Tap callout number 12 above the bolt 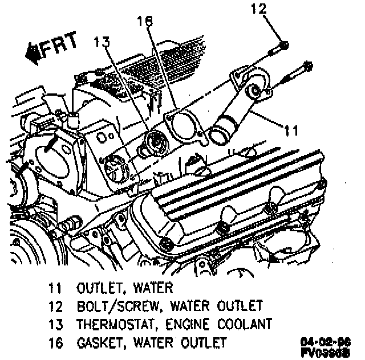[259, 9]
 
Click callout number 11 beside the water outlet [291, 131]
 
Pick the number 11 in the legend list [54, 287]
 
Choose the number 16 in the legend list [54, 342]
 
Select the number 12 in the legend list [54, 305]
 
